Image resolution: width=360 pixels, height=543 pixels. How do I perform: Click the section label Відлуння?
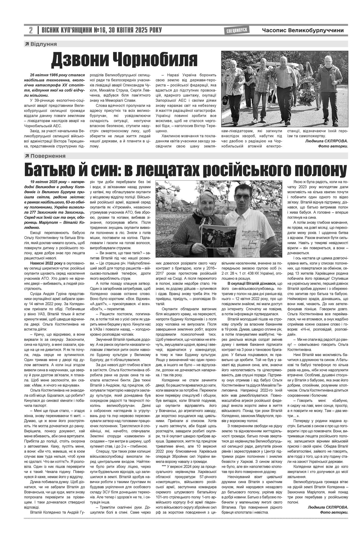click(43, 44)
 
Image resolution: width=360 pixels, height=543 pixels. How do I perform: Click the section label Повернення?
click(48, 156)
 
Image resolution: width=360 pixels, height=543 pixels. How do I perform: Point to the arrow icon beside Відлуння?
click(27, 44)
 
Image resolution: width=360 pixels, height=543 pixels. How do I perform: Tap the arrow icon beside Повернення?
click(27, 156)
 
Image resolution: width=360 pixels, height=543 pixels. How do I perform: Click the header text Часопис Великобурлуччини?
click(303, 30)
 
